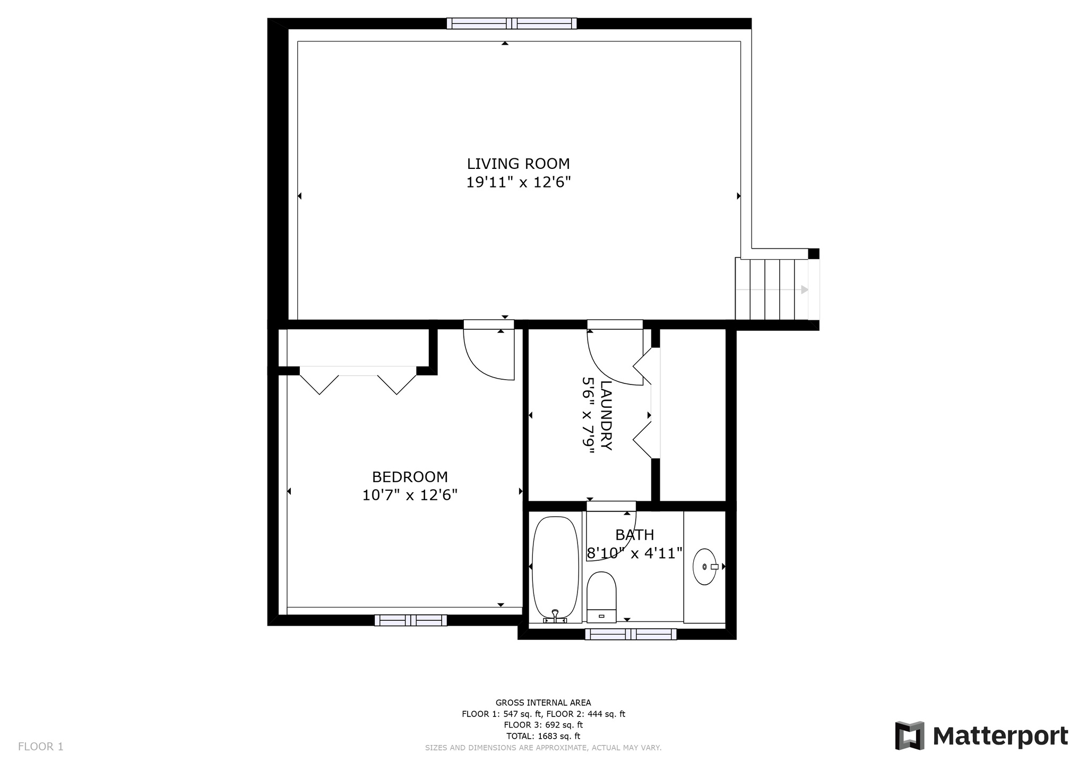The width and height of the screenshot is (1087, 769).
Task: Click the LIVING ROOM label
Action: point(518,164)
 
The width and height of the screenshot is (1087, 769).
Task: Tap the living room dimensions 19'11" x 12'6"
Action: point(518,183)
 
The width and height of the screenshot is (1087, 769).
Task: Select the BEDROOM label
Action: point(410,477)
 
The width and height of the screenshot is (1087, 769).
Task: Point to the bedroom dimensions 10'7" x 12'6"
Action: point(410,495)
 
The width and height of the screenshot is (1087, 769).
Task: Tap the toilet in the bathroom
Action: point(601,597)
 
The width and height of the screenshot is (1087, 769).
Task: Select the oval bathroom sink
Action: point(705,567)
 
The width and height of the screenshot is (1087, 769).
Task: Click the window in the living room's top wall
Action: point(512,23)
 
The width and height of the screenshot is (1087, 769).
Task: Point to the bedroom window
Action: point(410,620)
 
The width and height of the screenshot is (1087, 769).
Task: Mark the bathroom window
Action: point(631,634)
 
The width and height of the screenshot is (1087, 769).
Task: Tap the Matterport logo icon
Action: point(910,736)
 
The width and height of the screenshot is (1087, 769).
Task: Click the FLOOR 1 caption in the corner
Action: point(41,747)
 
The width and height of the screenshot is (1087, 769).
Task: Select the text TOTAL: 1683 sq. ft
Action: point(543,736)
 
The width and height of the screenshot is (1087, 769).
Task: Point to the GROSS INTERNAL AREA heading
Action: point(543,703)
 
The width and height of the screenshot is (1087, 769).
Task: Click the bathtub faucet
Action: point(555,616)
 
